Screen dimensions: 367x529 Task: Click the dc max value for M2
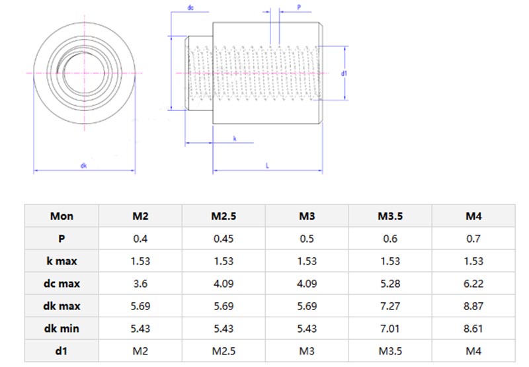[140, 283]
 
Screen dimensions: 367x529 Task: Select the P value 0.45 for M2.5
[224, 239]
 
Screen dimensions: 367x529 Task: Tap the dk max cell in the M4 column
[473, 306]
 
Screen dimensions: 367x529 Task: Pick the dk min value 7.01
[390, 327]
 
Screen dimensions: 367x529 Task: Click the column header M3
[307, 216]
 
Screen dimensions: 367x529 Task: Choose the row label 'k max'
[61, 261]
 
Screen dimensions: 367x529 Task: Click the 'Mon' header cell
[61, 216]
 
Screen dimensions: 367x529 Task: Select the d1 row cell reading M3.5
[390, 350]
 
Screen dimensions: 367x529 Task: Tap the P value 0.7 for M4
[473, 239]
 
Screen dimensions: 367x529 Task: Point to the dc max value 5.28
[390, 283]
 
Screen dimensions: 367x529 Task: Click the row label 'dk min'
[61, 327]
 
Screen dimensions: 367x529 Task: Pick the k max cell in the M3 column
[307, 261]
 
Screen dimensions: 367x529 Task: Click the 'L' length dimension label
[267, 166]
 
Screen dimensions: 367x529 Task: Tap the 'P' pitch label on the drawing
[299, 9]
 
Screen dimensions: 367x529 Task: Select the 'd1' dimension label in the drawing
[345, 73]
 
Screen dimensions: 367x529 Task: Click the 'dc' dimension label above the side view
[190, 9]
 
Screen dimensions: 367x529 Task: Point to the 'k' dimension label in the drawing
[235, 138]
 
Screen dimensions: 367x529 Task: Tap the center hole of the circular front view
[85, 71]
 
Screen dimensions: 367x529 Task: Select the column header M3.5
[390, 216]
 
